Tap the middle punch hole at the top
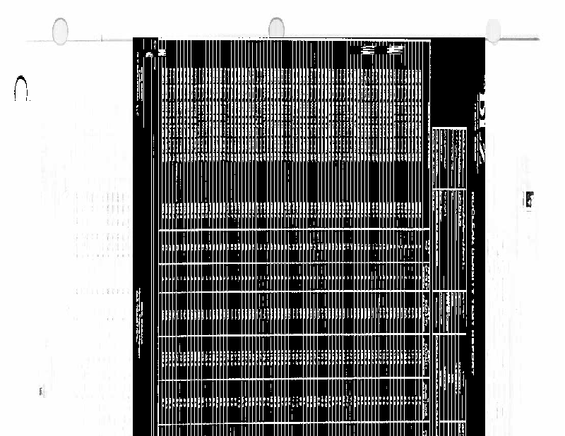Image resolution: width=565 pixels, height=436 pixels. point(276,28)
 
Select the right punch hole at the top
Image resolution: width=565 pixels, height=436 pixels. point(493,29)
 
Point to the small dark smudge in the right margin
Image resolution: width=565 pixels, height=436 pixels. point(526,200)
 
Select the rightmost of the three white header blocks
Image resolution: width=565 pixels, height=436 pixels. point(396,51)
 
